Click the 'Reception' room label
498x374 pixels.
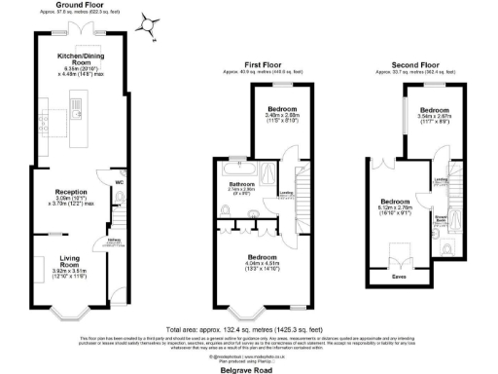coord(72,192)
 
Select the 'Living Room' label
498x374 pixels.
coord(69,257)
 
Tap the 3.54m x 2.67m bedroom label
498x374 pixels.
coord(435,114)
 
